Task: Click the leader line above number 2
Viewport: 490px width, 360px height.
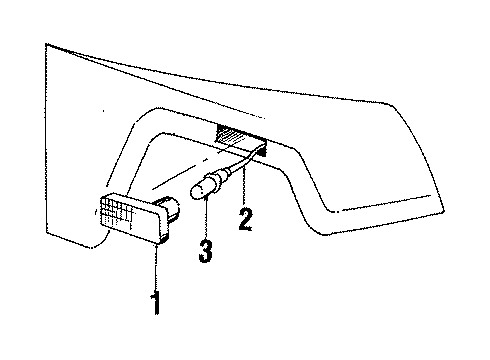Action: (x=243, y=186)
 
